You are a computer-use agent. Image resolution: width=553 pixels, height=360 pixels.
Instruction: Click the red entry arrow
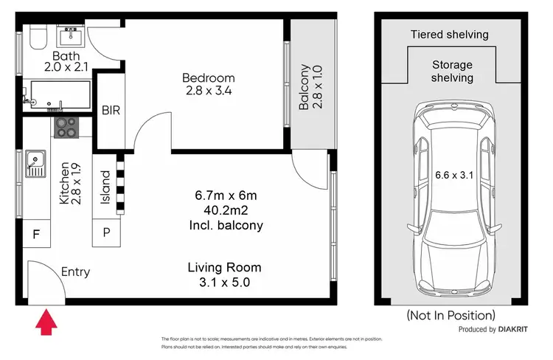click(46, 322)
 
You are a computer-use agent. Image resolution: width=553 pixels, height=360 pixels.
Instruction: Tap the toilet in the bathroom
click(37, 37)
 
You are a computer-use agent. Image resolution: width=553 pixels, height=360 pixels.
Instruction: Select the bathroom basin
click(72, 35)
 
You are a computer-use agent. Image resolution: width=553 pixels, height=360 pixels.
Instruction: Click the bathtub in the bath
click(60, 94)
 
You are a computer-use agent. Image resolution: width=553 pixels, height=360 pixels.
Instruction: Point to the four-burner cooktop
click(66, 128)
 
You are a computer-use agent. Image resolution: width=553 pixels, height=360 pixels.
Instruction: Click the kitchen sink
click(35, 164)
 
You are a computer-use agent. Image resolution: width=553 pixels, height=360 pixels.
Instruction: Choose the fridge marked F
click(37, 233)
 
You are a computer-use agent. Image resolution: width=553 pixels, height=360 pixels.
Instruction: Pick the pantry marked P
click(106, 232)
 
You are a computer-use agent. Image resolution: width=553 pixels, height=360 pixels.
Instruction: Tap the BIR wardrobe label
click(111, 111)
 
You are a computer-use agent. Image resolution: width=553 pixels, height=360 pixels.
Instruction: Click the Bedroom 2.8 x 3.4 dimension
click(209, 91)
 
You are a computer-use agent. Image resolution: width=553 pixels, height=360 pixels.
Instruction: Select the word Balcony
click(305, 87)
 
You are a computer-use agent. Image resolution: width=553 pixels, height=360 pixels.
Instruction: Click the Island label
click(105, 187)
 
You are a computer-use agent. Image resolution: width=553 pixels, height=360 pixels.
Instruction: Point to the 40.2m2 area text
click(226, 210)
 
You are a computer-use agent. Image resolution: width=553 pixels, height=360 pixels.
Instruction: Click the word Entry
click(75, 271)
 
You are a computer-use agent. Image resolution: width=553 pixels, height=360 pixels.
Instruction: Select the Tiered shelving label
click(450, 35)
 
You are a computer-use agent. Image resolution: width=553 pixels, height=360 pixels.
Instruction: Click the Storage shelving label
click(452, 72)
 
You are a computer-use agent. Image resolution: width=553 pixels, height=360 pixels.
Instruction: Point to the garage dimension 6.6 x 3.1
click(454, 175)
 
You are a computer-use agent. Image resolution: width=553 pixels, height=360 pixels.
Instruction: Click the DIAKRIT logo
click(513, 329)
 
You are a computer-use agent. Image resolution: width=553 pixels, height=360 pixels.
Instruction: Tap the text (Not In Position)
click(451, 315)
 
